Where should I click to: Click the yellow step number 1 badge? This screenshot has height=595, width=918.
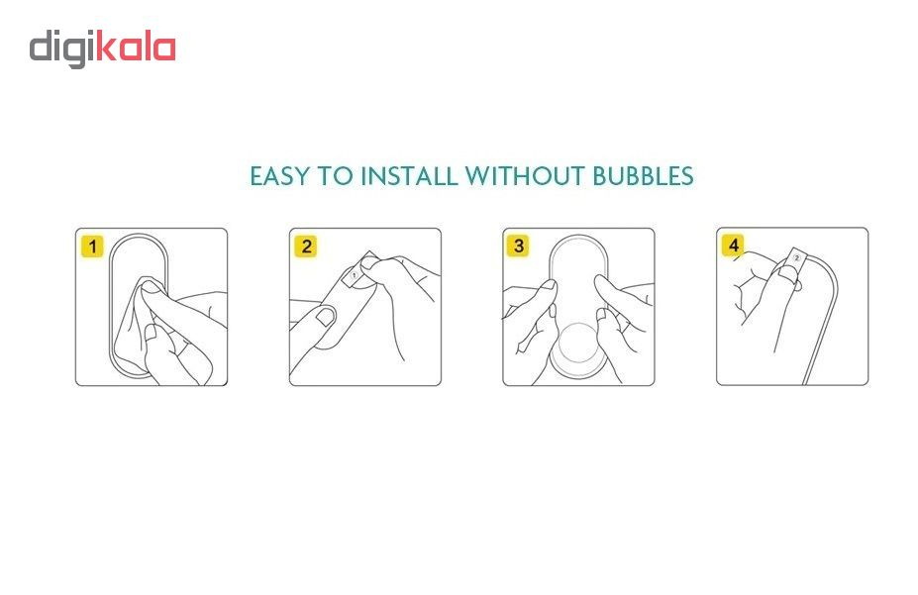pos(92,247)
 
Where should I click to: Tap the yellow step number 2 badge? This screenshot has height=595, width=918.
pos(306,247)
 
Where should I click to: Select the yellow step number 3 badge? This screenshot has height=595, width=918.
pos(518,246)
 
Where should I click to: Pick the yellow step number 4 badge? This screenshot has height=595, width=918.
pos(733,246)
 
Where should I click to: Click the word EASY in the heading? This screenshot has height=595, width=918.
pos(278,176)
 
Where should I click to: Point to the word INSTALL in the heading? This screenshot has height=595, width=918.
pos(409,176)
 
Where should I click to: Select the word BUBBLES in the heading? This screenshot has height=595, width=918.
pos(643,176)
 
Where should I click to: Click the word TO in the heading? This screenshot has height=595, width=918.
pos(335,176)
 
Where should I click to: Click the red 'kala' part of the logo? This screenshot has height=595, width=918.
pos(136,48)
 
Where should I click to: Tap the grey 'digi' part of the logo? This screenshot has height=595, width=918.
pos(63,50)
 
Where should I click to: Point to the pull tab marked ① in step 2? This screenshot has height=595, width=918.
pos(354,274)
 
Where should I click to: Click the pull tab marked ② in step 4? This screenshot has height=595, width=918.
pos(796,258)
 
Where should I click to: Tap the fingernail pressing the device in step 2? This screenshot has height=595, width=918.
pos(324,317)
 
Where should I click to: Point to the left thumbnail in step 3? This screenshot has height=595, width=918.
pos(549,286)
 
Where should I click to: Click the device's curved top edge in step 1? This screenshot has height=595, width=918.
pos(139,237)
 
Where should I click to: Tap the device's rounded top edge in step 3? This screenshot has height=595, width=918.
pos(578,238)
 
